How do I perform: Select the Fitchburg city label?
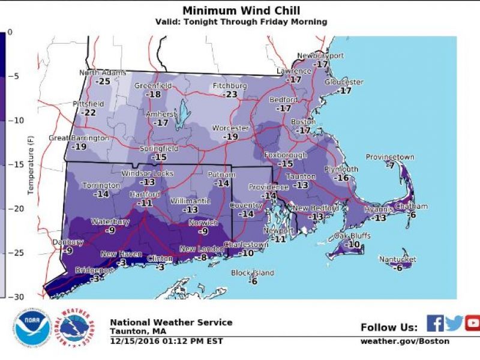pos(230,86)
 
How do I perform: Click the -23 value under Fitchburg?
pos(230,94)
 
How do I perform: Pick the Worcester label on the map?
pos(230,128)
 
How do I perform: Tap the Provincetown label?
pos(390,157)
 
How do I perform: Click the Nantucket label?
pos(398,259)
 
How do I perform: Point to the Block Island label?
pos(253,274)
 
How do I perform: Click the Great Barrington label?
pos(79,138)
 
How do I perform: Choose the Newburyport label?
pos(321,56)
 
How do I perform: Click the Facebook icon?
pos(435,323)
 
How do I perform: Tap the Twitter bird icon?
pos(454,323)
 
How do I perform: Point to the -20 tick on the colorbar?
pos(19,208)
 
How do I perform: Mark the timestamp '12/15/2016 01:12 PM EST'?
pos(166,341)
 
